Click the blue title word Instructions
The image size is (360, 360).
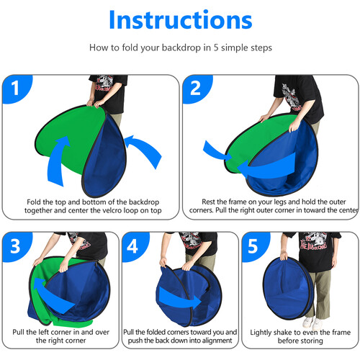pos(181,19)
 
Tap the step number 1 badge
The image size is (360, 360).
pos(17,89)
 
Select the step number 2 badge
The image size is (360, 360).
pos(197,89)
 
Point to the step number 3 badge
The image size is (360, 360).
pos(16,246)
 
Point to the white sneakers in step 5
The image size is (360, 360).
pos(312,323)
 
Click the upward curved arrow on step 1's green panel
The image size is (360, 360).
pos(58,161)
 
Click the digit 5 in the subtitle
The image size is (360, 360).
pos(216,48)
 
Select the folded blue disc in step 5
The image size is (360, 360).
pos(288,288)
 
